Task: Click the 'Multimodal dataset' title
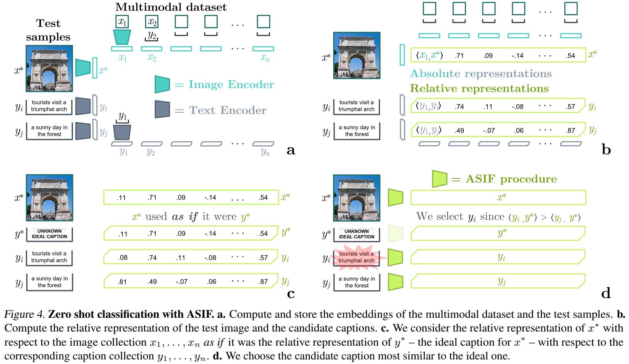(171, 7)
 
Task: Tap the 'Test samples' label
(48, 30)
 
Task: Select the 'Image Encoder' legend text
(231, 84)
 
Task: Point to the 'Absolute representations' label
(481, 73)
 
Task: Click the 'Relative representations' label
(479, 89)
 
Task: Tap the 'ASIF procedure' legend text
(511, 179)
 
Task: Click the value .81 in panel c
(123, 281)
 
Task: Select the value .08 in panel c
(123, 257)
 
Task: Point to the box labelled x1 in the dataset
(122, 21)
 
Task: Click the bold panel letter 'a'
(291, 150)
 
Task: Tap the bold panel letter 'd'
(606, 293)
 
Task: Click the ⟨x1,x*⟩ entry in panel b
(429, 55)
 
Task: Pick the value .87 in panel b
(571, 130)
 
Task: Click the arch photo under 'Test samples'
(49, 69)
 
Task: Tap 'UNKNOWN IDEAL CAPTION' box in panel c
(49, 234)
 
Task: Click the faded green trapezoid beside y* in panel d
(395, 233)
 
